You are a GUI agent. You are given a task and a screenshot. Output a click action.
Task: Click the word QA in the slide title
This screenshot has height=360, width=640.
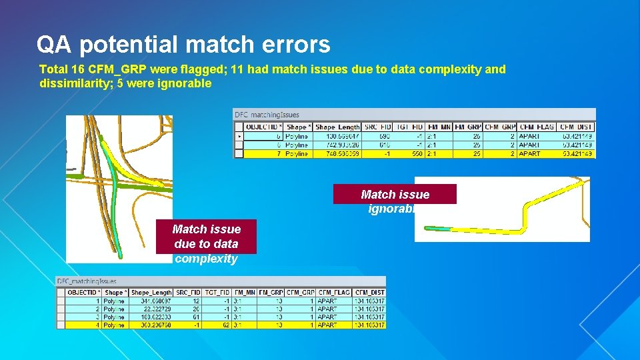click(x=50, y=45)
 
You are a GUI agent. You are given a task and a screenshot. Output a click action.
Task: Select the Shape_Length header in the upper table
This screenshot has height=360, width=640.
click(x=337, y=127)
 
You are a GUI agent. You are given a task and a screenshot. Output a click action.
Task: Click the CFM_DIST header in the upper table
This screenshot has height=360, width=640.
click(x=577, y=127)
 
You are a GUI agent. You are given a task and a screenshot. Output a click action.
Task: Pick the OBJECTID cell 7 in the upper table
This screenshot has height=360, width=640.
click(x=277, y=153)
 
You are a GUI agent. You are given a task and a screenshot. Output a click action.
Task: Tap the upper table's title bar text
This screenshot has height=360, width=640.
click(x=267, y=115)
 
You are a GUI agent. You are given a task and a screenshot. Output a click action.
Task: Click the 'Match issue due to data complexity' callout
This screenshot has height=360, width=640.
click(x=206, y=243)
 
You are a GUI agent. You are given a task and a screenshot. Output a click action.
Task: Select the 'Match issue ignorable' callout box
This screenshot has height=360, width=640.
click(x=395, y=195)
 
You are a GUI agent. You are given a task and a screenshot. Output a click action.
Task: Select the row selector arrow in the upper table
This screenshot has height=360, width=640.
click(x=239, y=136)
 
